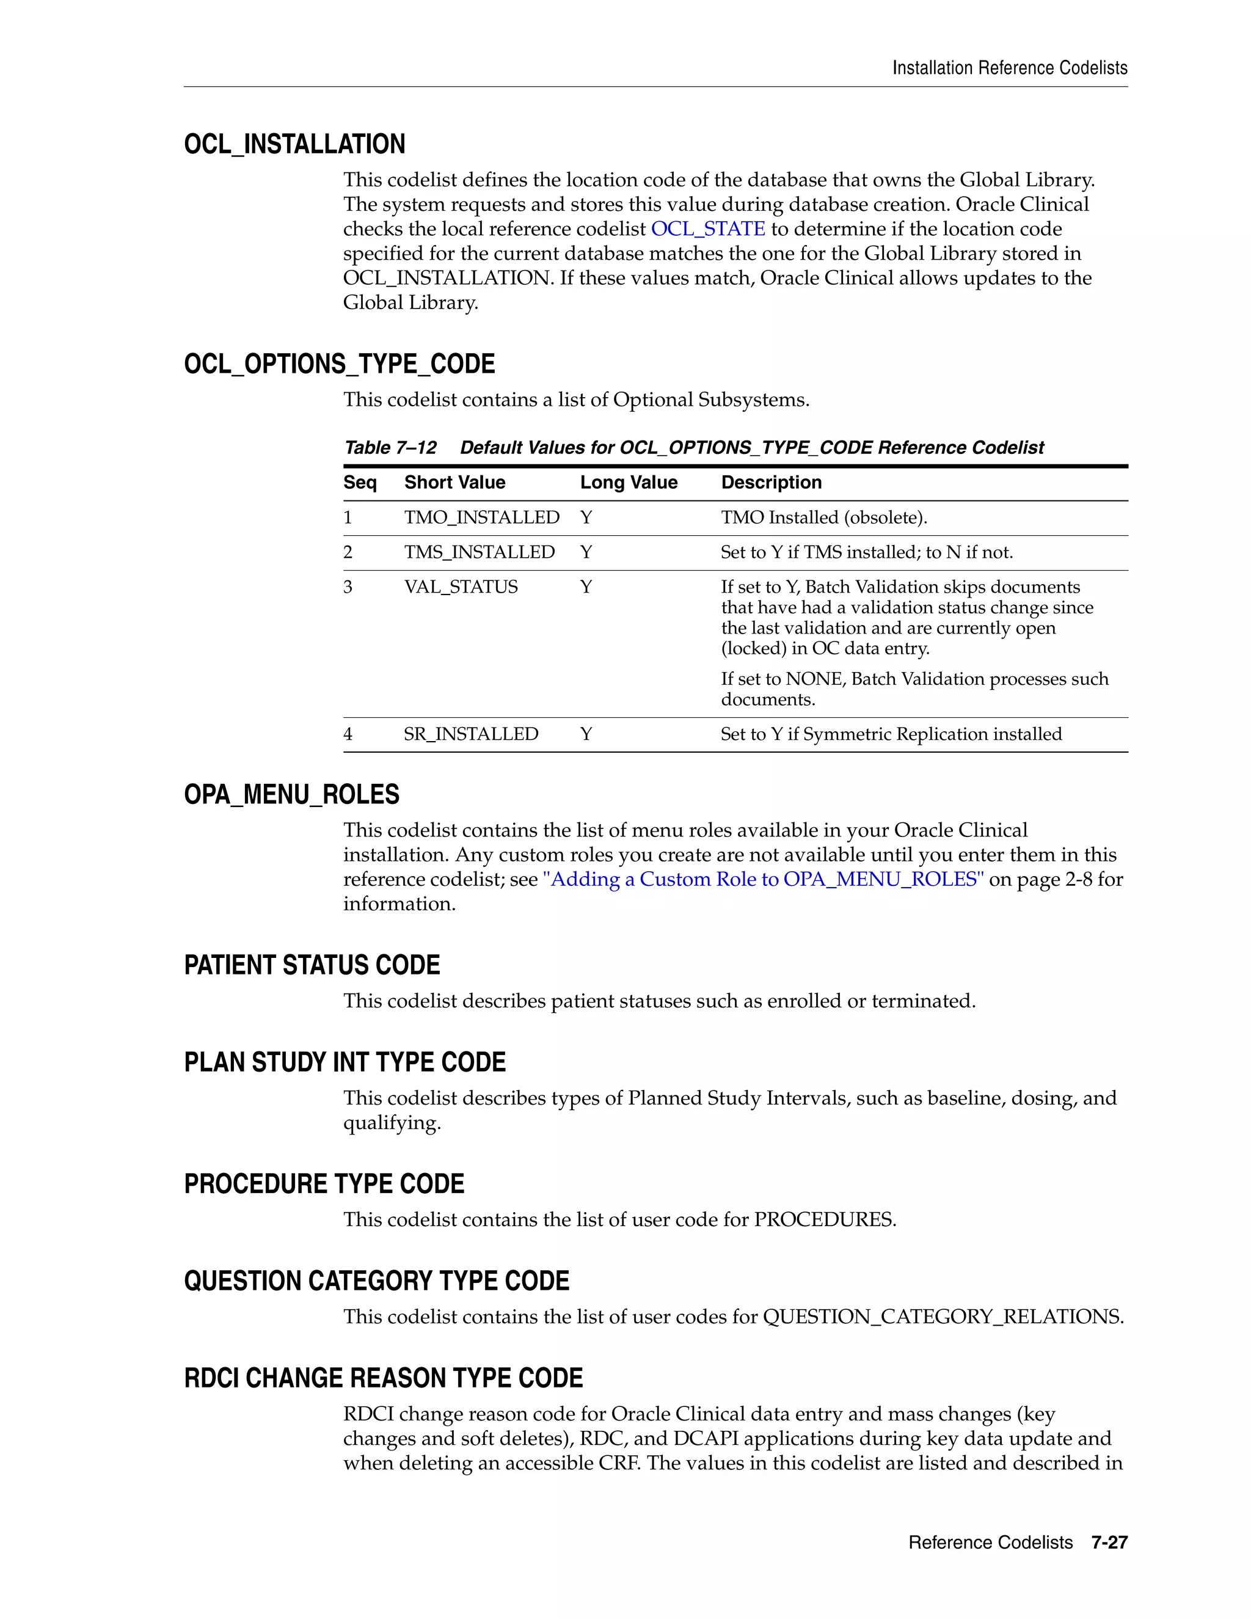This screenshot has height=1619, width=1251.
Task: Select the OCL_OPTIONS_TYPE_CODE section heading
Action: [340, 364]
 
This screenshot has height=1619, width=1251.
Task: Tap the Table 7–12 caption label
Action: [390, 448]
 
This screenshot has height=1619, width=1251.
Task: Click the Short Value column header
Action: [454, 483]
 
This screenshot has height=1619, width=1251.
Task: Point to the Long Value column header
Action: [629, 483]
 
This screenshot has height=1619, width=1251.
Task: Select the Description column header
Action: [771, 483]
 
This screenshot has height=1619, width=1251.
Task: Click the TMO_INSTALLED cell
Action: [482, 517]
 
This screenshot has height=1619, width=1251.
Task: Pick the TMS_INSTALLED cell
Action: [479, 552]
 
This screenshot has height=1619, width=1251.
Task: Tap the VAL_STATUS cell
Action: [461, 587]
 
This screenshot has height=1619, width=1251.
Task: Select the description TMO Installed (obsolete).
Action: [823, 517]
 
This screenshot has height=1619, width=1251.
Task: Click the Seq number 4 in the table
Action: [348, 734]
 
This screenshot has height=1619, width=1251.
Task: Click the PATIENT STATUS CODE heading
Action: [312, 965]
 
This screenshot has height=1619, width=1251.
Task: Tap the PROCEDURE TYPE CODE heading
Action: [324, 1184]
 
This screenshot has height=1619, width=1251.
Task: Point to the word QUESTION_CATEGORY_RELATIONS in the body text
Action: [942, 1317]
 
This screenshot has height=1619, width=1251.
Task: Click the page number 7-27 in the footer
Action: [1109, 1543]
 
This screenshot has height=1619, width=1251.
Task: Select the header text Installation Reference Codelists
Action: [1009, 68]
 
